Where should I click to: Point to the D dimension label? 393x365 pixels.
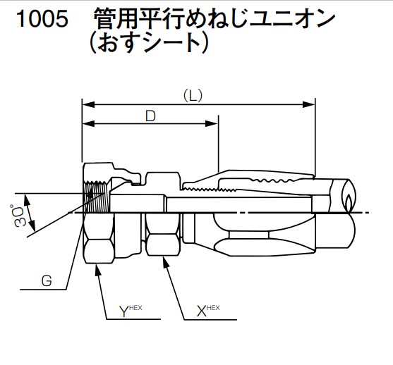(x=150, y=116)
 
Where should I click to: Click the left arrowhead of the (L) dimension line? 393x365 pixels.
(x=87, y=104)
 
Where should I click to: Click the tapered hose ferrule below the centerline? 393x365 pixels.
(x=233, y=233)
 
